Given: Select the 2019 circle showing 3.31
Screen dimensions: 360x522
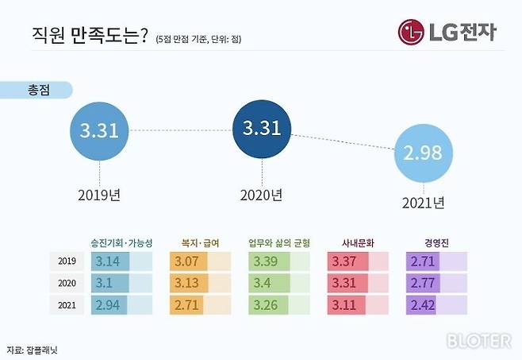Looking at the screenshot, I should pyautogui.click(x=99, y=130).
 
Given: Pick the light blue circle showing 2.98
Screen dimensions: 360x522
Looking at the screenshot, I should pyautogui.click(x=421, y=153).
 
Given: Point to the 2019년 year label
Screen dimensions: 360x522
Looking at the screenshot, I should pyautogui.click(x=99, y=193).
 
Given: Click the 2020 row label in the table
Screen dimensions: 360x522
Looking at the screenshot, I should pyautogui.click(x=67, y=283).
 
